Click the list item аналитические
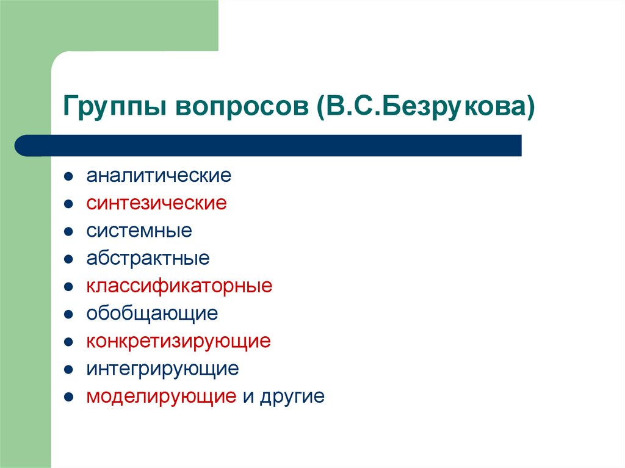[159, 176]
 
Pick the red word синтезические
[156, 203]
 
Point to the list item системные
[139, 231]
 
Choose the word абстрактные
[148, 258]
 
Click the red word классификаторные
[179, 286]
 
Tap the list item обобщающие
[152, 314]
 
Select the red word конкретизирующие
[178, 341]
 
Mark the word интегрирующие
[162, 369]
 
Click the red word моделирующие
[161, 397]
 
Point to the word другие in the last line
[292, 397]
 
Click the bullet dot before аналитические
[70, 177]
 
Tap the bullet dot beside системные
[70, 232]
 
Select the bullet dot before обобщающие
[70, 314]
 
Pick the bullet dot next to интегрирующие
[70, 369]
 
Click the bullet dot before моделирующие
[70, 397]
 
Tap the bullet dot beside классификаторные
[70, 287]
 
